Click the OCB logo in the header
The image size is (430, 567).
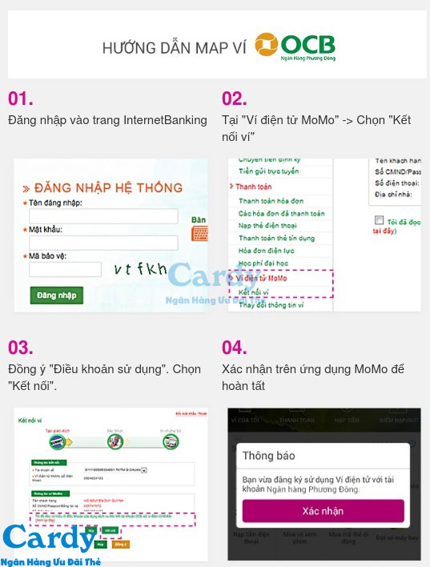click(x=295, y=46)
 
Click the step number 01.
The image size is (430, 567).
click(x=21, y=99)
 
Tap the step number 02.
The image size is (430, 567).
click(x=235, y=99)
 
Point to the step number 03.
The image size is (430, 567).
click(x=21, y=348)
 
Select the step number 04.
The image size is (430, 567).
click(x=235, y=348)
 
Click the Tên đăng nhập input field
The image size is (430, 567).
click(x=103, y=216)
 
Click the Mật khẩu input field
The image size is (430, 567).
click(x=103, y=243)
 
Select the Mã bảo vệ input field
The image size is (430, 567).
click(x=65, y=269)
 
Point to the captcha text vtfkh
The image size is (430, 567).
click(x=140, y=268)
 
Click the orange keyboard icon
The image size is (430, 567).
click(x=200, y=234)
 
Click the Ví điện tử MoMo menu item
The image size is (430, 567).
click(x=258, y=278)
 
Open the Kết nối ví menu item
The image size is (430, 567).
click(x=254, y=292)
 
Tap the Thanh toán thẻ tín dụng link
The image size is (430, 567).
click(x=276, y=239)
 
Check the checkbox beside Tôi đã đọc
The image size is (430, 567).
click(x=379, y=219)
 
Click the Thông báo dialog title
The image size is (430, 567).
click(x=268, y=456)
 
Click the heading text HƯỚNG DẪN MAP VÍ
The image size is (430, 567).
click(x=174, y=48)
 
